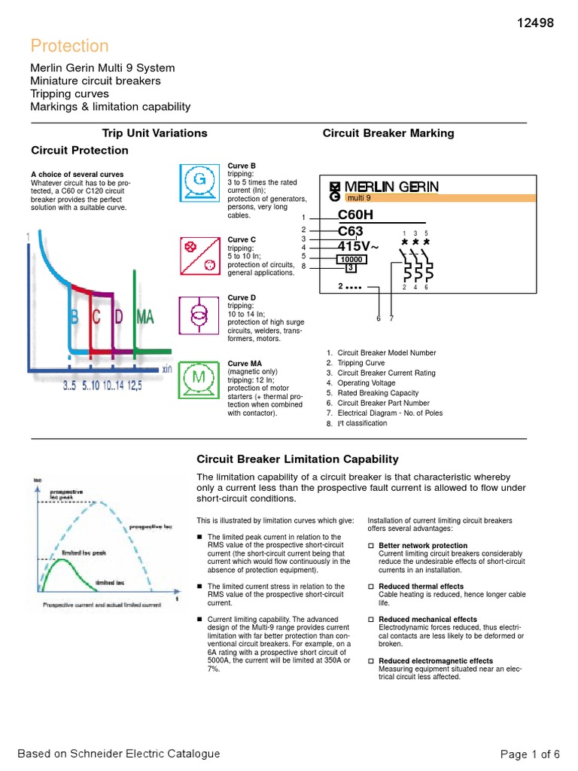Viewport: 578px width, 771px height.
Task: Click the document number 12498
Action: click(534, 23)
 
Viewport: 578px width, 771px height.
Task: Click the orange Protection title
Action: click(69, 46)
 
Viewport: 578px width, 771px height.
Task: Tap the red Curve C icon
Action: click(199, 257)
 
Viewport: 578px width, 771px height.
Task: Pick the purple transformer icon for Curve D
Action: click(199, 315)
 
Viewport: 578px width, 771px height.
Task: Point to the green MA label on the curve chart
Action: click(145, 317)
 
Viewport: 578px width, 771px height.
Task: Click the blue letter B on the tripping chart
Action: click(74, 317)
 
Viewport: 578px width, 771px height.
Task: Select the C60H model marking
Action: click(355, 215)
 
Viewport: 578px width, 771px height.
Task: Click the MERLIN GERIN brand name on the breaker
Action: click(391, 187)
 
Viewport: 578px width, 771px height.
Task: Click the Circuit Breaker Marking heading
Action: click(388, 133)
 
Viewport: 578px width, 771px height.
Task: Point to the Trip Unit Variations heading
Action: click(154, 133)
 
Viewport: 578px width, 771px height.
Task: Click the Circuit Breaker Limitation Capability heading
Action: click(297, 459)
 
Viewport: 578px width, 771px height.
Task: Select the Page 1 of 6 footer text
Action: click(530, 754)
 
